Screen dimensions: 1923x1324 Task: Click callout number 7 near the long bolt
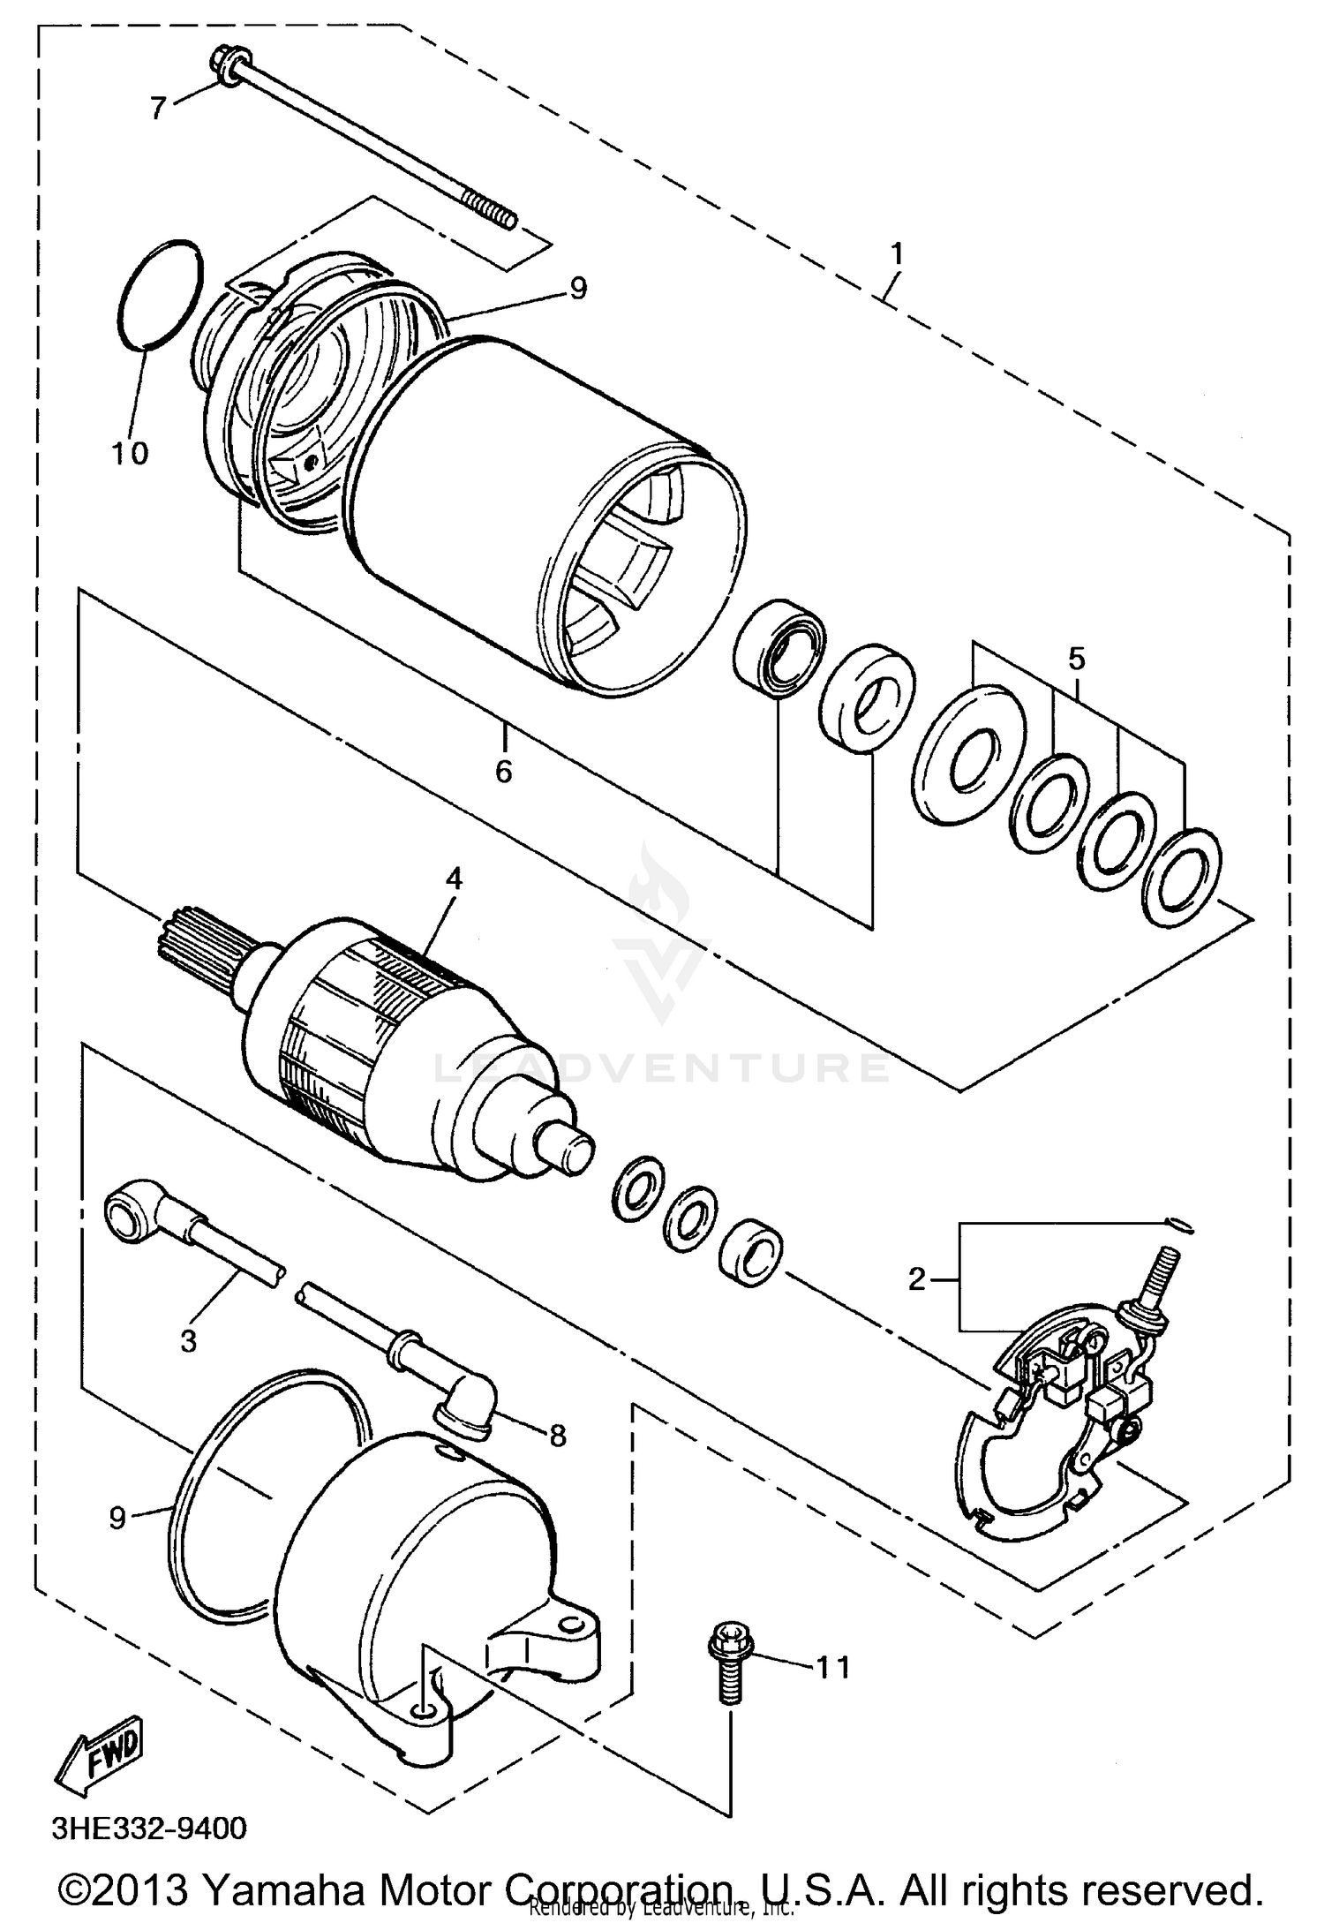[158, 109]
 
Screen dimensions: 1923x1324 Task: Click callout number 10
[129, 453]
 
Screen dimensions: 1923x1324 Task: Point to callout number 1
[898, 255]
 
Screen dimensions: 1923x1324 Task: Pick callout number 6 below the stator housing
[503, 771]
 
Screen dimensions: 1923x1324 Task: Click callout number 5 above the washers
[1076, 659]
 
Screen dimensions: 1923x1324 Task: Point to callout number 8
[557, 1436]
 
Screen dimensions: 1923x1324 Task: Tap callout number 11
[832, 1667]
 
